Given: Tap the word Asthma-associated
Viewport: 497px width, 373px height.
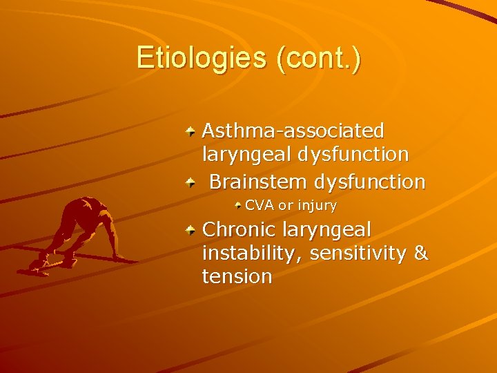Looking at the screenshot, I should coord(293,130).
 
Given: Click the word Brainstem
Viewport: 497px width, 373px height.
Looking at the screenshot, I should coord(258,182).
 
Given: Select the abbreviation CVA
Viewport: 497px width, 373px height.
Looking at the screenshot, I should coord(259,205).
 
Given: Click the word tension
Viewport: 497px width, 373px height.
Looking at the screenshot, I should coord(237,277).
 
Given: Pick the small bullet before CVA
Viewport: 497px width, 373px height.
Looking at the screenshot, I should coord(238,205).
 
